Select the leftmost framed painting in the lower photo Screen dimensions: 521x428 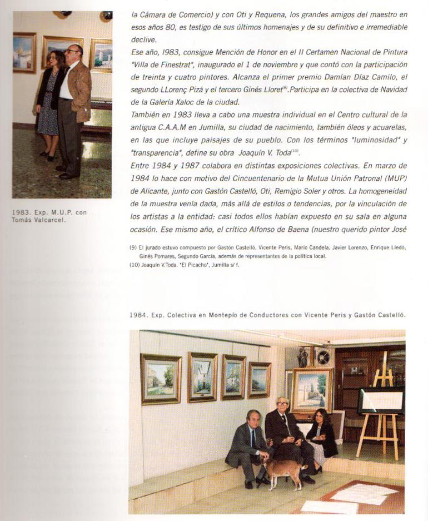pyautogui.click(x=161, y=378)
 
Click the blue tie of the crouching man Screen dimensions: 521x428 pyautogui.click(x=253, y=439)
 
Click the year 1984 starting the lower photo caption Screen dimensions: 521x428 pyautogui.click(x=138, y=315)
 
